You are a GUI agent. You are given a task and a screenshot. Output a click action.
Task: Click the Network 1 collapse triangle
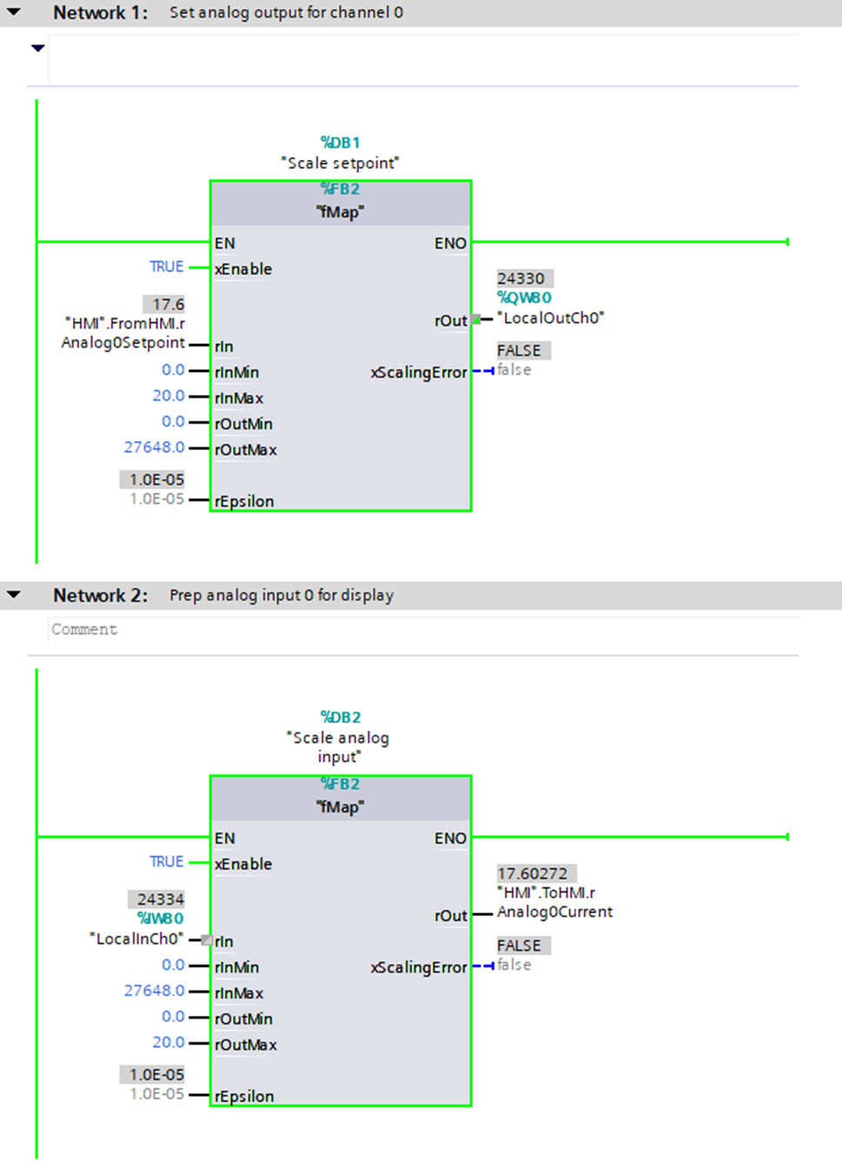tap(14, 12)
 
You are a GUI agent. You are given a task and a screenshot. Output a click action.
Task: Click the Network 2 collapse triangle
tap(14, 595)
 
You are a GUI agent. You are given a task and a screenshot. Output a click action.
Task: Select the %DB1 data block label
tap(340, 143)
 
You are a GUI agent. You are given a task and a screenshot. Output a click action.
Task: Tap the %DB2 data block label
tap(340, 717)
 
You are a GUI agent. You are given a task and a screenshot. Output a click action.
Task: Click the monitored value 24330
tap(521, 278)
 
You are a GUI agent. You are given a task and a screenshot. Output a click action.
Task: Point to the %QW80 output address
tap(524, 298)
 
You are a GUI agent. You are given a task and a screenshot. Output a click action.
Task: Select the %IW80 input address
tap(161, 918)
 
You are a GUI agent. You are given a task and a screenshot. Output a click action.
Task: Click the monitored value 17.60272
tap(533, 873)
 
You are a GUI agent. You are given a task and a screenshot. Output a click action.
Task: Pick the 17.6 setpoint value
tap(168, 304)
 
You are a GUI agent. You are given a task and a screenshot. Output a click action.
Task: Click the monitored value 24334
tap(160, 899)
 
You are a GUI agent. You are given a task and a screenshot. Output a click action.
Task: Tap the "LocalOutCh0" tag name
tap(551, 318)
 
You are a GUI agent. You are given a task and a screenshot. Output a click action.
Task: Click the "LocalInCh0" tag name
tap(136, 938)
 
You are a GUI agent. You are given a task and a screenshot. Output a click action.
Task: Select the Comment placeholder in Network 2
tap(84, 629)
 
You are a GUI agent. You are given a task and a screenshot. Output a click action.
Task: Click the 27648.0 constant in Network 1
tap(154, 448)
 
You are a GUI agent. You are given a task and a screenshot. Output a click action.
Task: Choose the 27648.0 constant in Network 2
tap(154, 991)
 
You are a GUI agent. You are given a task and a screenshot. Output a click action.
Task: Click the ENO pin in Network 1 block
tap(450, 243)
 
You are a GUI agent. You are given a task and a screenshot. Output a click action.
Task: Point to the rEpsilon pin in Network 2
tap(244, 1097)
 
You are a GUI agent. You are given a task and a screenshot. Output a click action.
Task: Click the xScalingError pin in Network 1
tap(419, 373)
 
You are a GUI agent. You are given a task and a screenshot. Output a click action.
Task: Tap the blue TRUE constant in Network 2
tap(166, 862)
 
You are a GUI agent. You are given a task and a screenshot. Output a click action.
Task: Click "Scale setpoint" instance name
tap(340, 162)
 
